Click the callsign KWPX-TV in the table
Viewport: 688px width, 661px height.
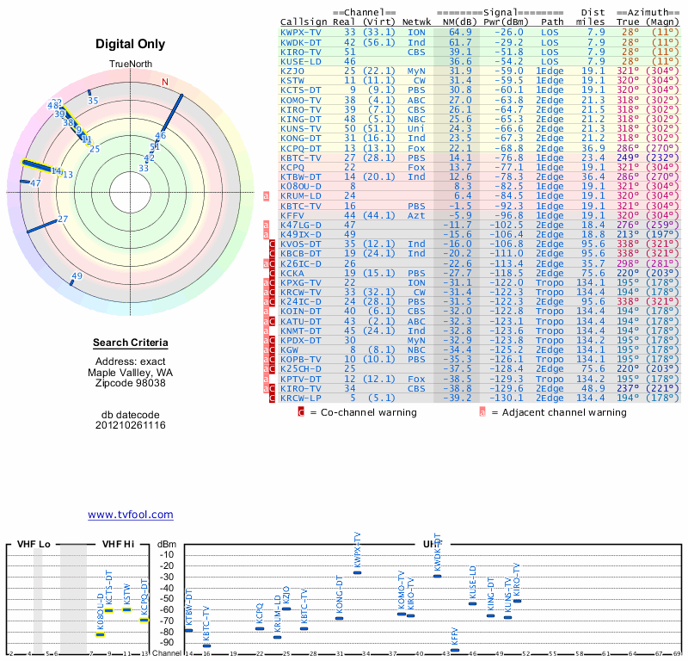pyautogui.click(x=301, y=33)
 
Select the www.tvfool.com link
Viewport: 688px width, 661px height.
pyautogui.click(x=130, y=515)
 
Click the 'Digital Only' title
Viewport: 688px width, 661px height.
pyautogui.click(x=130, y=44)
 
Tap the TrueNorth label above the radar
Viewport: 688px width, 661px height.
pyautogui.click(x=130, y=65)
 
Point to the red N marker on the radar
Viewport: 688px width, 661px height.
pyautogui.click(x=165, y=82)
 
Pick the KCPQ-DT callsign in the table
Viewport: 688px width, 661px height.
pyautogui.click(x=301, y=147)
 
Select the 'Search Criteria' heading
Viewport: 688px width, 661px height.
pyautogui.click(x=130, y=343)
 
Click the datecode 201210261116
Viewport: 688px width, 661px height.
pyautogui.click(x=130, y=425)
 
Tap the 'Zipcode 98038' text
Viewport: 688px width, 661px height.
pyautogui.click(x=130, y=383)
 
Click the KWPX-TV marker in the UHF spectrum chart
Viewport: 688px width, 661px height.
pyautogui.click(x=357, y=572)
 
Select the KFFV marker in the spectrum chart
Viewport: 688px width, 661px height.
pyautogui.click(x=455, y=651)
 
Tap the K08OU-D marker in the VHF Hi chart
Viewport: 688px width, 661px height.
pyautogui.click(x=100, y=634)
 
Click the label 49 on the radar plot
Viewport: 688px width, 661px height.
pyautogui.click(x=77, y=276)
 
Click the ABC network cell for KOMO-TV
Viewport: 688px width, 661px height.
pyautogui.click(x=416, y=99)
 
